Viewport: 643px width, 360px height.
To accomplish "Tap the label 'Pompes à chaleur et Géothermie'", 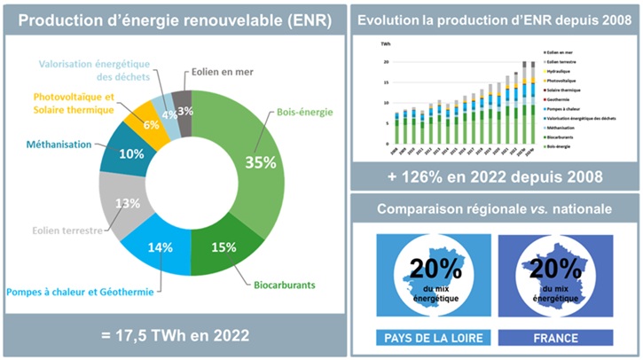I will coord(78,292).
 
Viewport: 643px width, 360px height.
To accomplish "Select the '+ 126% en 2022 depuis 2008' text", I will coord(495,177).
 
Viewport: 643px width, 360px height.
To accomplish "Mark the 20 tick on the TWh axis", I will coord(386,62).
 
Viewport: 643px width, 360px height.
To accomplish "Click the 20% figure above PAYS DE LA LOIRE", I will coord(431,269).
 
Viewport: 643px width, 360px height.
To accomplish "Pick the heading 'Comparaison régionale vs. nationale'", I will coord(495,209).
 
